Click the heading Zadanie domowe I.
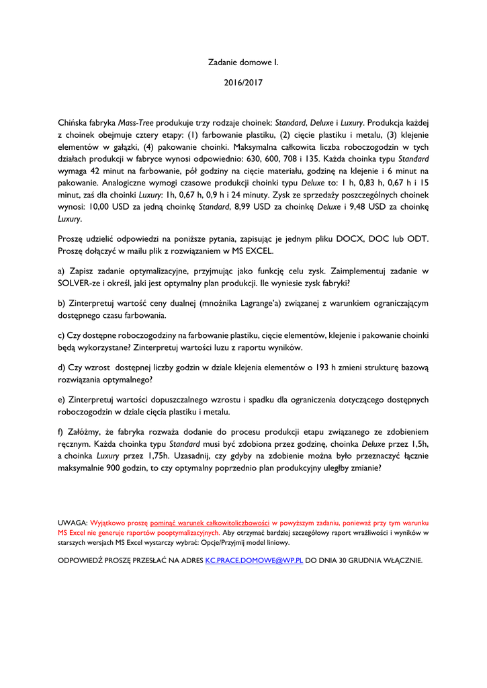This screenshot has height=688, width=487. point(243,62)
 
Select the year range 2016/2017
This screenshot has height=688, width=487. point(243,84)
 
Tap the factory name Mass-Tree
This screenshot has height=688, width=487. point(136,123)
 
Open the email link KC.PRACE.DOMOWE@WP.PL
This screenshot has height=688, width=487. point(255,559)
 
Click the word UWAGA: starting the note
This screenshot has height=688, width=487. point(73,522)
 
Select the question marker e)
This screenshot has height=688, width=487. point(62,400)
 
